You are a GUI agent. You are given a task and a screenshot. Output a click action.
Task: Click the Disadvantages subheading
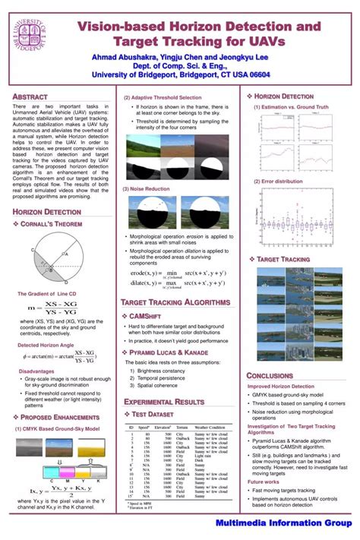36,371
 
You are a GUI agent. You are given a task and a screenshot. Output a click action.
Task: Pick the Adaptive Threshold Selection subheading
162,98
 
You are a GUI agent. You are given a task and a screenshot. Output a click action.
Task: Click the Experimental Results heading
164,401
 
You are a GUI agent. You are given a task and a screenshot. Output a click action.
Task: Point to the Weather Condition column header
210,428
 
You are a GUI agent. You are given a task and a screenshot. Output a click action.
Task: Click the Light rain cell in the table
204,455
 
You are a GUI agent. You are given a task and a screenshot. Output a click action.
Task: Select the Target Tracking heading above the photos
285,260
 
